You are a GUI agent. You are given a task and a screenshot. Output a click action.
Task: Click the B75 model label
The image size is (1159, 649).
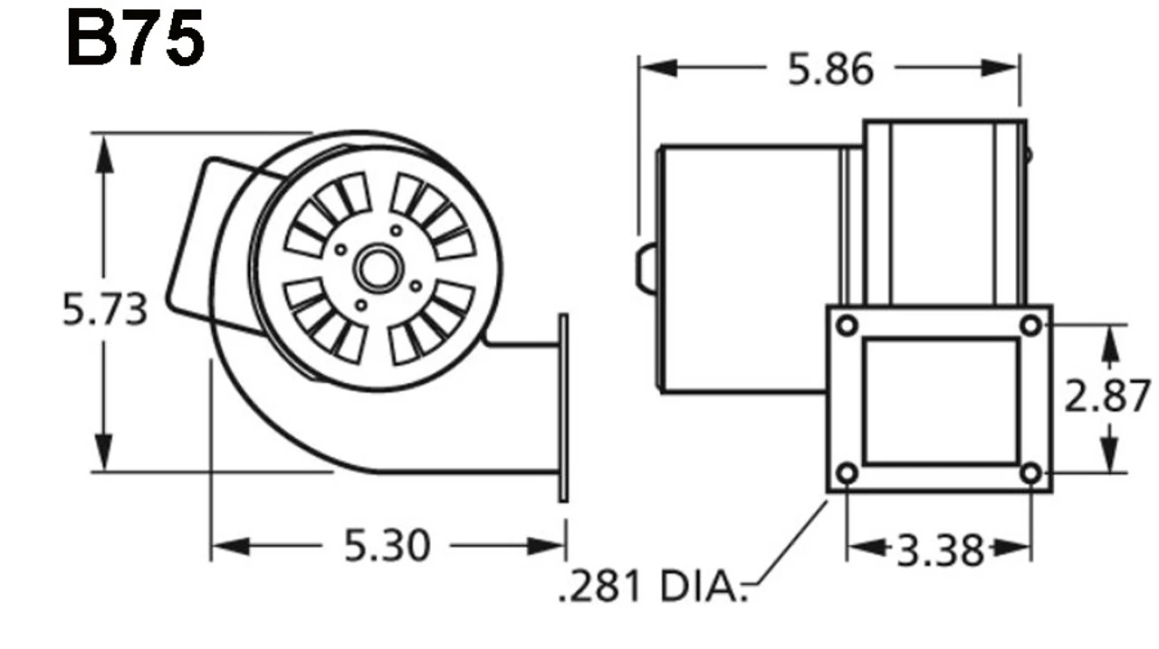[135, 40]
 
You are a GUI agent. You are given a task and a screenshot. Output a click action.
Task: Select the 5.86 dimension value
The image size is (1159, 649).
[830, 70]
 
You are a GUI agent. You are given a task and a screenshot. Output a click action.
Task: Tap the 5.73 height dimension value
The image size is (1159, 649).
[104, 310]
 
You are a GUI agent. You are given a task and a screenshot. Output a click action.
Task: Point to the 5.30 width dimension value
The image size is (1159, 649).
[387, 546]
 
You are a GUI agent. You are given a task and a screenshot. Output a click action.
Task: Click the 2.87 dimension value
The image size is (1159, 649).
[1106, 396]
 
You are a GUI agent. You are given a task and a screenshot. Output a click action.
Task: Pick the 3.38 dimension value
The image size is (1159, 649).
[939, 549]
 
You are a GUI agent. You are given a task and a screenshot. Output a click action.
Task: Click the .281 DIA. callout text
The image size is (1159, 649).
[651, 586]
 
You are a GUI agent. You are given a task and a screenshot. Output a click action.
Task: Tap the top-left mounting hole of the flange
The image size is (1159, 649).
[847, 325]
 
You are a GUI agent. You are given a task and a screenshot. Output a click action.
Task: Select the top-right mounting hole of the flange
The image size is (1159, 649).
[1030, 325]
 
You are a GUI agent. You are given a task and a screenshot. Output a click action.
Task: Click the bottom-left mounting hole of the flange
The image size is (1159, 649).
[847, 472]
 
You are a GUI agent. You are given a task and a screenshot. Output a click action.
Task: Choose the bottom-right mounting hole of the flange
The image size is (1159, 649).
[1030, 472]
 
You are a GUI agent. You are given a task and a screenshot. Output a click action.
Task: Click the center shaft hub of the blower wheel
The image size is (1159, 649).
[376, 268]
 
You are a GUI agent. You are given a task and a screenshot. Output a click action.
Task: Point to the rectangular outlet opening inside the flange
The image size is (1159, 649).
[939, 401]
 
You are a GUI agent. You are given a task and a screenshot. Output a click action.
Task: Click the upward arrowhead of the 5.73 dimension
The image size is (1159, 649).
[105, 154]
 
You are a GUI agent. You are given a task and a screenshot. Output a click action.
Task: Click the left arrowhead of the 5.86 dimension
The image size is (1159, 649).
[657, 68]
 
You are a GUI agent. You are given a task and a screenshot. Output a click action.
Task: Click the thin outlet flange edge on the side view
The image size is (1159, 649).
[563, 407]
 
